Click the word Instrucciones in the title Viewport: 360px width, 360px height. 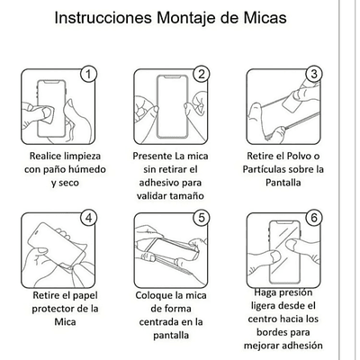click(107, 17)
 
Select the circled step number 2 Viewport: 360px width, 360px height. click(202, 74)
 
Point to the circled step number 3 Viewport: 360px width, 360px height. click(314, 74)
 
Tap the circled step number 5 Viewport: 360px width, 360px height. click(202, 217)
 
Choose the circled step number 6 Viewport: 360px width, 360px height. click(314, 217)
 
